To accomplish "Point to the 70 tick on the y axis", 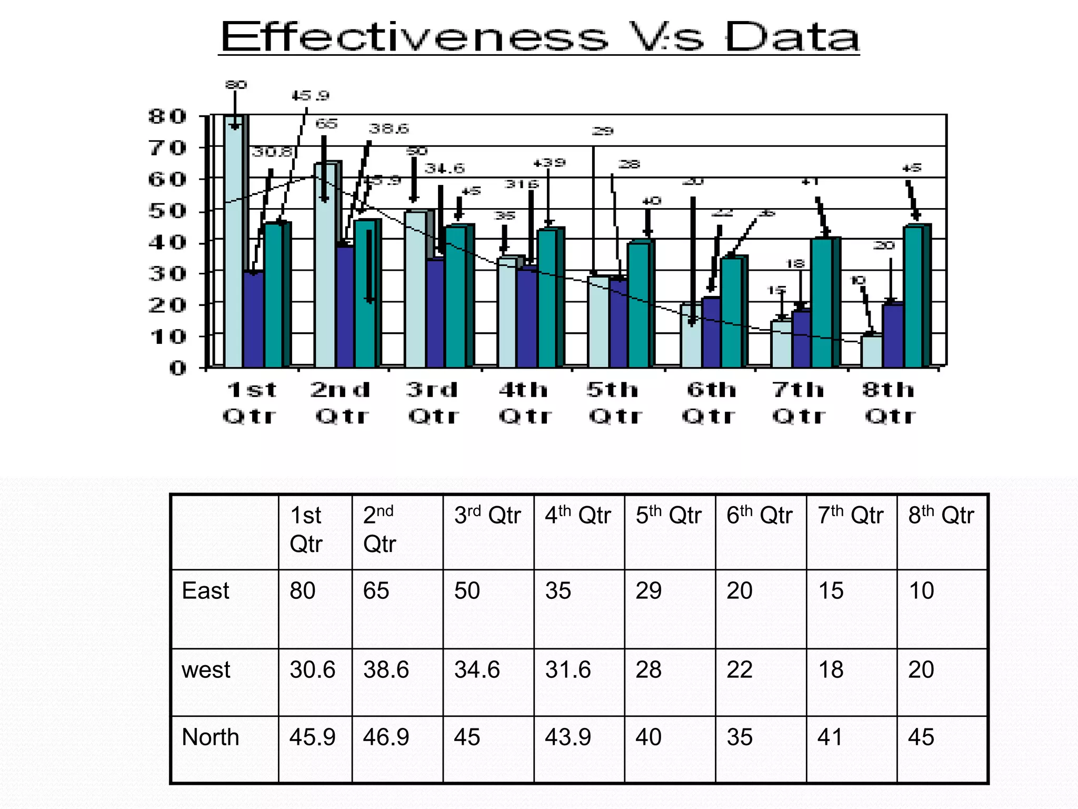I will (x=167, y=148).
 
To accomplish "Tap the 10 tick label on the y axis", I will (x=167, y=337).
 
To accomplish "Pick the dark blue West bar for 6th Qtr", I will (x=711, y=332).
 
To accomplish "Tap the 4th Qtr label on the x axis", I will (x=524, y=403).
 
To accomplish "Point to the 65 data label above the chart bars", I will (x=326, y=124).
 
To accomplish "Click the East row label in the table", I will (x=205, y=591).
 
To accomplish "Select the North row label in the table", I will (x=210, y=737).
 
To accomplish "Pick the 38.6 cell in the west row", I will (x=386, y=670).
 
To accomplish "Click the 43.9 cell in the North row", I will (x=567, y=737).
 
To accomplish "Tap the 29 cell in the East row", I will (x=648, y=591).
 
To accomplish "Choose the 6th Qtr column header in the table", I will (x=759, y=515).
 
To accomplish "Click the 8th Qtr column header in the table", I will (x=941, y=515).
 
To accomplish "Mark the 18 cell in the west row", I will (x=831, y=670).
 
